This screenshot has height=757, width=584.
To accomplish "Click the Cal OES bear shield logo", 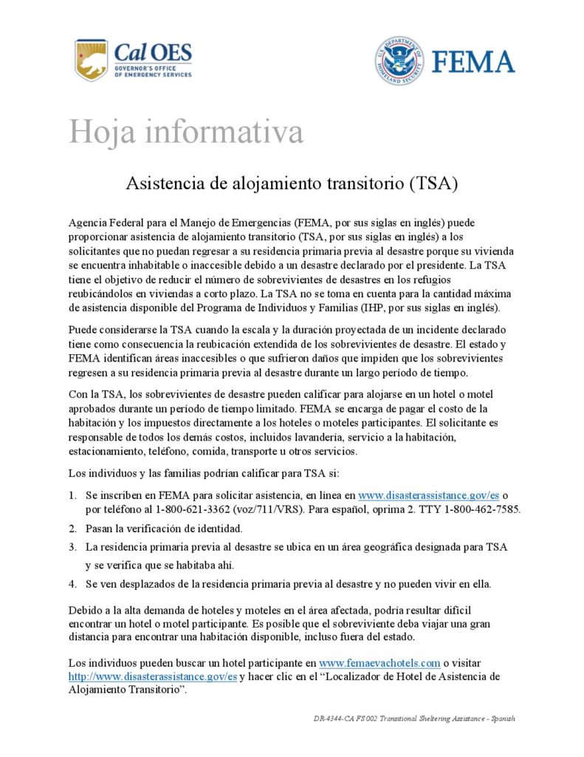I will (x=91, y=60).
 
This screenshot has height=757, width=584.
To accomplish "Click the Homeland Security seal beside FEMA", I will (x=399, y=61).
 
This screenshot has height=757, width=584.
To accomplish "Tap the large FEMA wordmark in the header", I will (x=473, y=61).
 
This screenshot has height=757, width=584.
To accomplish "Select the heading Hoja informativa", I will (x=186, y=132).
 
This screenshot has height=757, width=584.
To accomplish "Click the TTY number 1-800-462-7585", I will (x=484, y=509).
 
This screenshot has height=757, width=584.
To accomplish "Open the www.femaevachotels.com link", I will (x=379, y=663).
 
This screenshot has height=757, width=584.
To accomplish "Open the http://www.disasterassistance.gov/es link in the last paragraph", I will (x=153, y=676).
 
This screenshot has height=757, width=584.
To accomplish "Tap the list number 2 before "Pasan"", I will (x=73, y=529).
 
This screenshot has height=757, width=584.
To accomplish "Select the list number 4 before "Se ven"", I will (x=73, y=584).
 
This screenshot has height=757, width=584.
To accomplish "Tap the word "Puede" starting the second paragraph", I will (x=83, y=328).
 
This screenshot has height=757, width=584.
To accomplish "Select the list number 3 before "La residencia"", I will (x=73, y=547).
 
